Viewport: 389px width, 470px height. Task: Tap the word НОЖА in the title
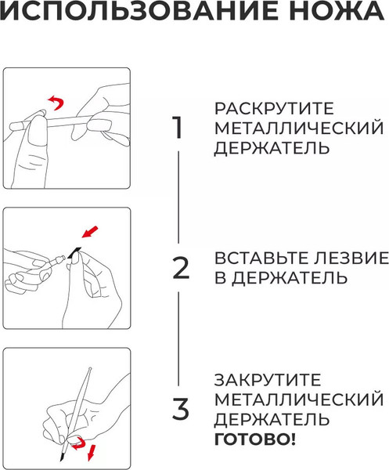point(337,10)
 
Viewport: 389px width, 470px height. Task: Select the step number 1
point(178,128)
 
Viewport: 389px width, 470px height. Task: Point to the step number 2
point(181,268)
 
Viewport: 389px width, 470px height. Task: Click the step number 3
point(181,409)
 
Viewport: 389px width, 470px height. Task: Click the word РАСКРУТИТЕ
point(274,109)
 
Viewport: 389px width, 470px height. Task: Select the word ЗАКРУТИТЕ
point(268,380)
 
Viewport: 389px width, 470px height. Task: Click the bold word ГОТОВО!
point(255,439)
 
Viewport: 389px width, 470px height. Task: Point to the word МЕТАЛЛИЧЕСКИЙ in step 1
point(299,128)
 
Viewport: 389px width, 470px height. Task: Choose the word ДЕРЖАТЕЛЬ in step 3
point(272,419)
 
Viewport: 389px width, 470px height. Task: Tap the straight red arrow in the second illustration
point(90,232)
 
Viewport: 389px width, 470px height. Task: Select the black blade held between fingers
point(74,252)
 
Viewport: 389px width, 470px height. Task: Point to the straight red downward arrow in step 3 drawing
point(92,452)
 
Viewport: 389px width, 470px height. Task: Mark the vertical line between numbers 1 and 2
point(178,197)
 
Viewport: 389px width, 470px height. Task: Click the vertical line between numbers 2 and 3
point(178,338)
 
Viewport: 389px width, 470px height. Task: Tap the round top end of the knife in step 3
point(89,369)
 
